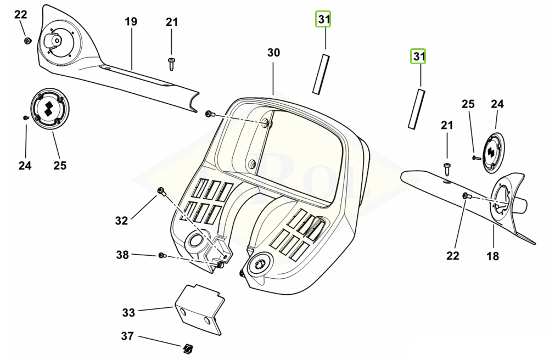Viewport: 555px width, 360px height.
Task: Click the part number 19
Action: [x=131, y=22]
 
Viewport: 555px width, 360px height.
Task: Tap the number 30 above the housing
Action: [x=273, y=53]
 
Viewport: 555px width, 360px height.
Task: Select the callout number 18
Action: [x=492, y=256]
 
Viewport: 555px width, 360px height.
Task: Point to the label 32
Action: [x=121, y=221]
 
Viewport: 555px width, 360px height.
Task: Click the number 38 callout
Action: [x=122, y=255]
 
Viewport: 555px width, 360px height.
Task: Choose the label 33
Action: [x=128, y=312]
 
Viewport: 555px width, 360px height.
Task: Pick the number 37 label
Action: [x=127, y=336]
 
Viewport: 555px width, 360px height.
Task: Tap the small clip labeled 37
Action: [x=188, y=347]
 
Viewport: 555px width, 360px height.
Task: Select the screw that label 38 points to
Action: [x=161, y=255]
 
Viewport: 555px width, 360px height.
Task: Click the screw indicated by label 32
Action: [x=161, y=190]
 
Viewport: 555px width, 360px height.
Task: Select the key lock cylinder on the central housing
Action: [x=256, y=265]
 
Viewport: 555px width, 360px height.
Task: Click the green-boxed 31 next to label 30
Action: [x=323, y=20]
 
